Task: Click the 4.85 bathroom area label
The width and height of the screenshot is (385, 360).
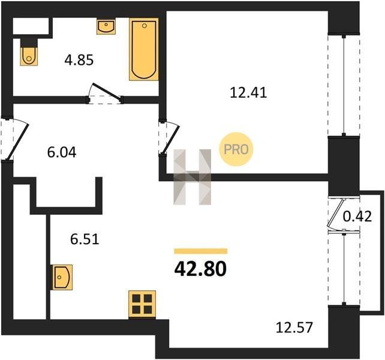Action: (x=79, y=60)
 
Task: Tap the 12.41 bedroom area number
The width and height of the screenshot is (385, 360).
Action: (x=248, y=93)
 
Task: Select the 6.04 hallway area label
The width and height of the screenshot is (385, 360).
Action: (x=62, y=152)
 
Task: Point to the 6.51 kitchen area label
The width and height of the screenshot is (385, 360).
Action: (x=85, y=239)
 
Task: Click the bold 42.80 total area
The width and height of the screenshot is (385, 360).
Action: (x=200, y=269)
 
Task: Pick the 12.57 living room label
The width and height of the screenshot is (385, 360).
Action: (x=294, y=328)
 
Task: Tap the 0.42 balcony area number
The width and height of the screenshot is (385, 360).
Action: (x=357, y=217)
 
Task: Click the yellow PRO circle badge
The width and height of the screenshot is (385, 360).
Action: (x=236, y=149)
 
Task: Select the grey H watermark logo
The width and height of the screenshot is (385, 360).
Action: (x=192, y=177)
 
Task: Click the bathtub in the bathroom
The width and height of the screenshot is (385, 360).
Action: (x=144, y=49)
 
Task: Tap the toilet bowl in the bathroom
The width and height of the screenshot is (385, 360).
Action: (x=29, y=56)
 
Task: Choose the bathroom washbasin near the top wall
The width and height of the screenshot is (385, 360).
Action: (x=106, y=27)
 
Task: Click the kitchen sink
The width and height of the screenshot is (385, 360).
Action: (x=62, y=277)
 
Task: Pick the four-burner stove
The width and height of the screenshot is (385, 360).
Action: (x=142, y=304)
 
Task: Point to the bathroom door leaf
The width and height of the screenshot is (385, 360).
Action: (x=106, y=92)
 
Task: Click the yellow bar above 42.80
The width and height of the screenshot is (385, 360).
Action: (x=201, y=251)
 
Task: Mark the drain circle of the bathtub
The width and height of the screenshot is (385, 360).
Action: (x=145, y=26)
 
